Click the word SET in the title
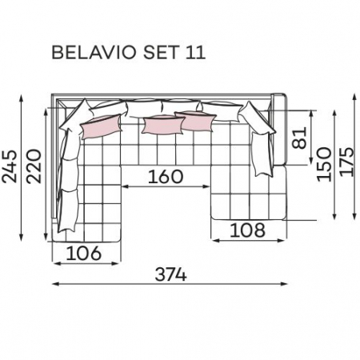pos(160,53)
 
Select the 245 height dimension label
pos(10,167)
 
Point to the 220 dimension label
pos(34,166)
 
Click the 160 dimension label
pos(166,177)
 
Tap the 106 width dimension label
pos(84,253)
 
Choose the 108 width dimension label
pos(247,230)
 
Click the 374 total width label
pos(170,274)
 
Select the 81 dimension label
pos(299,138)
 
